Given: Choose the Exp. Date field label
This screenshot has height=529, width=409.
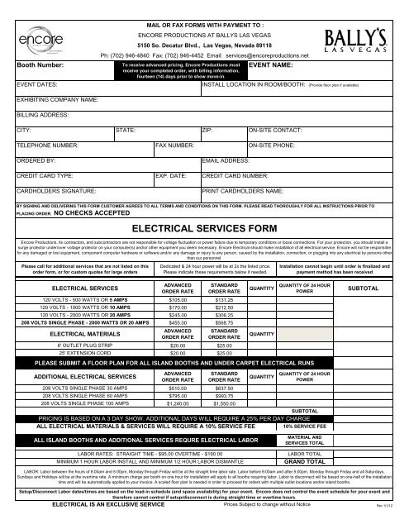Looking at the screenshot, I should [174, 177].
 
